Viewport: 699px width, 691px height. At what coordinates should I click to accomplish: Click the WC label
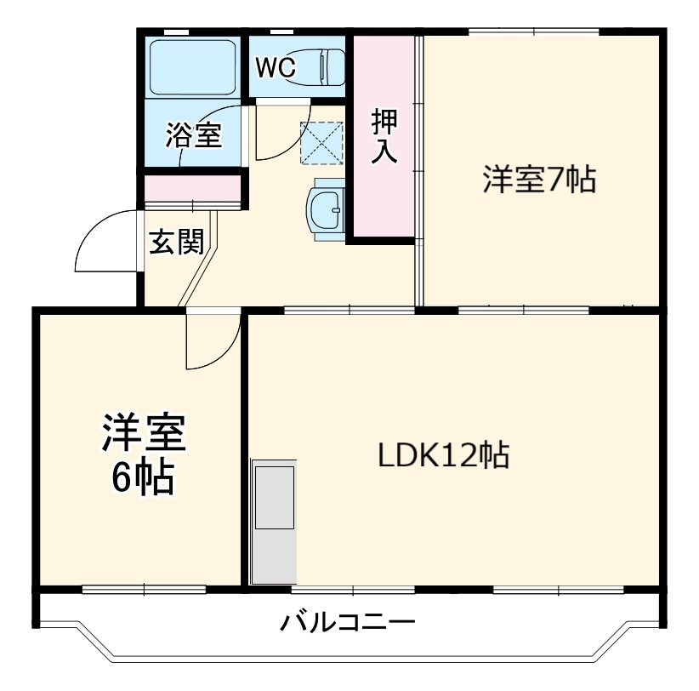coord(277,68)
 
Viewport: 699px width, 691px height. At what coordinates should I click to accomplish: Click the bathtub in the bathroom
coord(192,67)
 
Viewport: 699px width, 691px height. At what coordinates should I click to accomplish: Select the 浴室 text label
coord(193,135)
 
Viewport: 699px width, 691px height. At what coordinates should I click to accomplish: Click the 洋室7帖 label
coord(539,180)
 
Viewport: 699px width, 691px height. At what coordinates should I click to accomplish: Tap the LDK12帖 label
coord(443,455)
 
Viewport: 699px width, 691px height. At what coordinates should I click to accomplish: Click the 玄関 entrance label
coord(176,243)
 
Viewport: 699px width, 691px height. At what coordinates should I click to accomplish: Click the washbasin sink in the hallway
coord(326,209)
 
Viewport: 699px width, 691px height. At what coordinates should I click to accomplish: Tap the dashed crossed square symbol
coord(321,142)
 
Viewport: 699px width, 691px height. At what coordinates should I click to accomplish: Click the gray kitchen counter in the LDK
coord(274,521)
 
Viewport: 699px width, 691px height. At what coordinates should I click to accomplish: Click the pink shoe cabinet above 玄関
coord(194,186)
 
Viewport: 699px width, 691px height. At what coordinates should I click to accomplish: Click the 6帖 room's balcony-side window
coord(145,588)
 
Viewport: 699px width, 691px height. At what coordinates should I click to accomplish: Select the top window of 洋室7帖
coord(533,32)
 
